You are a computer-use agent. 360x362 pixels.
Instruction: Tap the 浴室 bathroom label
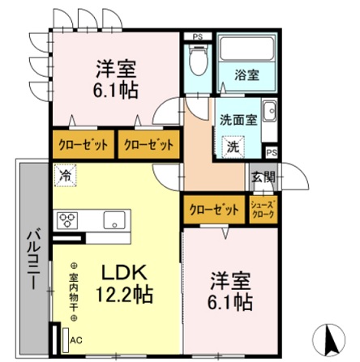tap(247, 75)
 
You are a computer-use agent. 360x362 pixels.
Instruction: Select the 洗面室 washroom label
tap(238, 119)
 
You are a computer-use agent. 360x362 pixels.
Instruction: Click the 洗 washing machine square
tap(233, 147)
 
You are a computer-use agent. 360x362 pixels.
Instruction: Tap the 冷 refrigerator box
tap(63, 173)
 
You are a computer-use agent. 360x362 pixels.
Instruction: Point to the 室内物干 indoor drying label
tap(73, 292)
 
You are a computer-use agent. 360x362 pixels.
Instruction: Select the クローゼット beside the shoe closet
tap(214, 208)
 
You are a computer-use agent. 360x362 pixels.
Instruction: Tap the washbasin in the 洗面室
tap(270, 115)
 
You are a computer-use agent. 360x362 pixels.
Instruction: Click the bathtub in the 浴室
tap(248, 51)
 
